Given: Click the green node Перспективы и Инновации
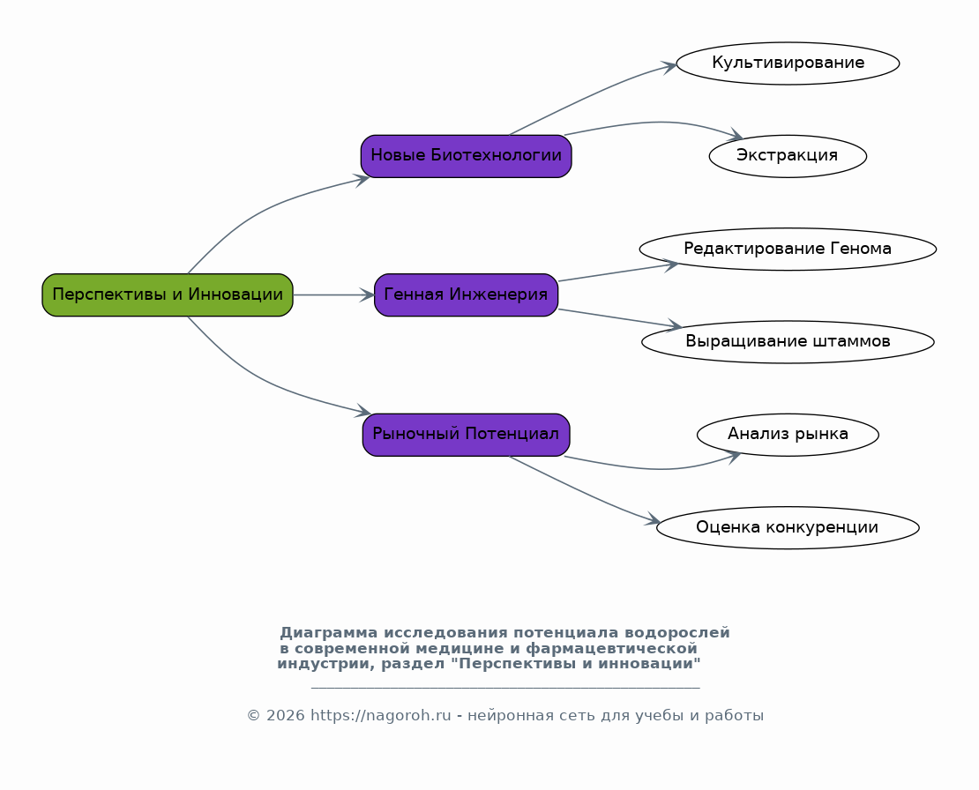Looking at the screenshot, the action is point(168,294).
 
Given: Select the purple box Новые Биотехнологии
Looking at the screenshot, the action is point(466,156).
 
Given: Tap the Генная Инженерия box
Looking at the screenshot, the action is point(466,294).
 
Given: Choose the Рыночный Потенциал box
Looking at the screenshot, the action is point(466,435).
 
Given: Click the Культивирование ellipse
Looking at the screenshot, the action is point(788,63).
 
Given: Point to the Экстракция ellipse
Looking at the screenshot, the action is point(788,156).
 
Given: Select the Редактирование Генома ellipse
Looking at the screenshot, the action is point(788,249).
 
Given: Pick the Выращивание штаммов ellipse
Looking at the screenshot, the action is point(788,341).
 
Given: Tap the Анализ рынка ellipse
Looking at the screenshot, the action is point(788,435).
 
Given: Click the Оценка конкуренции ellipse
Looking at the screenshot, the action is point(788,527).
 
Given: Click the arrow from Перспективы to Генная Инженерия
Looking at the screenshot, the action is point(333,294).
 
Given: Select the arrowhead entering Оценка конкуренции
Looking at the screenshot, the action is point(653,519).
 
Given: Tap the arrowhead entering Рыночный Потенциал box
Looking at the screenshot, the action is point(363,411).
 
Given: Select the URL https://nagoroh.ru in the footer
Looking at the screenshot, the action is point(380,716).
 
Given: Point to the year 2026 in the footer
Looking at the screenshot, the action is point(286,716).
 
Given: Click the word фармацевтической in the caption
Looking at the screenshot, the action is point(611,648).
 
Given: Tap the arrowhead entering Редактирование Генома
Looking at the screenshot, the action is point(671,265).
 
